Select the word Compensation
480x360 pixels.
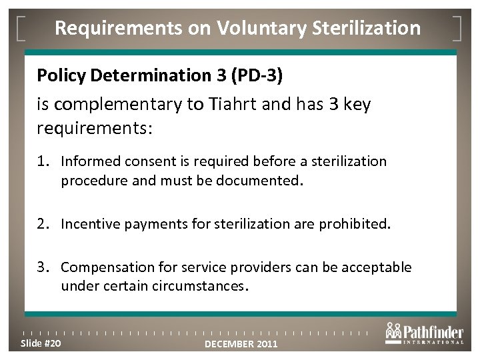101,267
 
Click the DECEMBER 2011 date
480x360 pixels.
241,344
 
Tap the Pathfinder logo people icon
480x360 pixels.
394,330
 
